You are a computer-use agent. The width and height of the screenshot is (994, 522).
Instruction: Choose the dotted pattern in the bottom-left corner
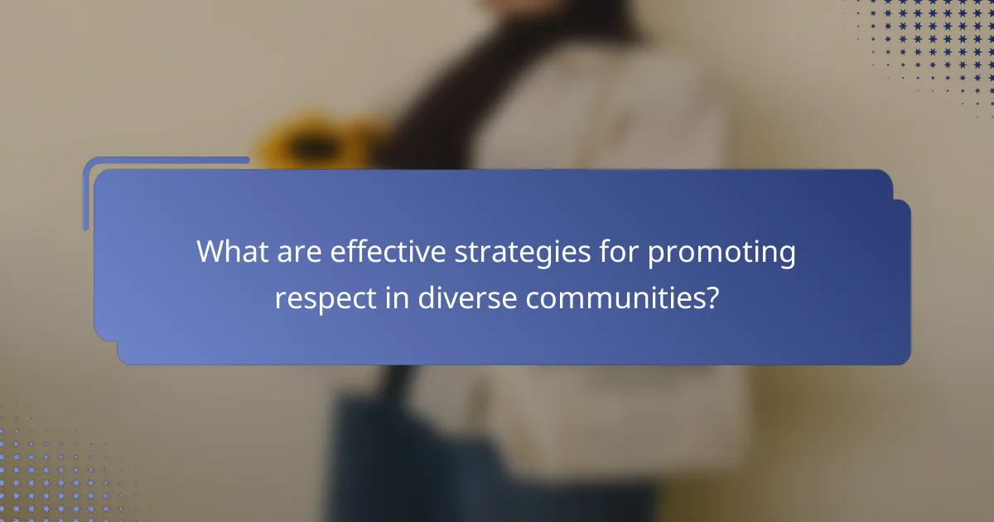pos(50,472)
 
